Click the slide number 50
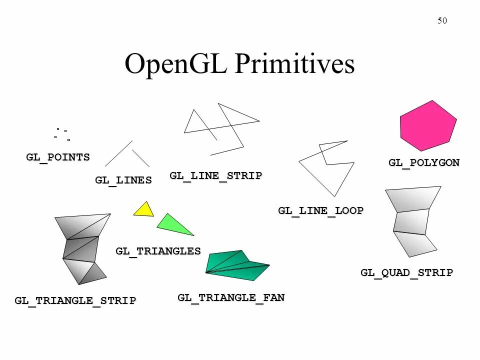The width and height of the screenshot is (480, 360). (x=442, y=20)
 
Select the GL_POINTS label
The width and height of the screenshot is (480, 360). (x=58, y=157)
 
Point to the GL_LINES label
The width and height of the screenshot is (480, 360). (x=123, y=180)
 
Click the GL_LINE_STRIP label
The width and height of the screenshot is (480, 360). (x=215, y=175)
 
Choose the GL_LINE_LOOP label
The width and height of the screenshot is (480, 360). (x=320, y=210)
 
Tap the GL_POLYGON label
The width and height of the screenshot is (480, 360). (x=424, y=162)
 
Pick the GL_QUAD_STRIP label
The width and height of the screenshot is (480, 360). (x=406, y=272)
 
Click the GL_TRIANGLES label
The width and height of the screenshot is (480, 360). (x=158, y=251)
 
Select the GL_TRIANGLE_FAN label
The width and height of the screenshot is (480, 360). (x=231, y=298)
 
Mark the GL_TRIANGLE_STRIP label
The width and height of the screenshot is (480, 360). (x=75, y=300)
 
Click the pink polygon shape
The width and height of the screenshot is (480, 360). (x=428, y=125)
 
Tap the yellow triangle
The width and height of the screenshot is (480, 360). (x=144, y=210)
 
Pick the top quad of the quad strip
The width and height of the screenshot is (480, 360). (x=413, y=198)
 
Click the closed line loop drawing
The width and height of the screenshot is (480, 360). (x=325, y=170)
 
